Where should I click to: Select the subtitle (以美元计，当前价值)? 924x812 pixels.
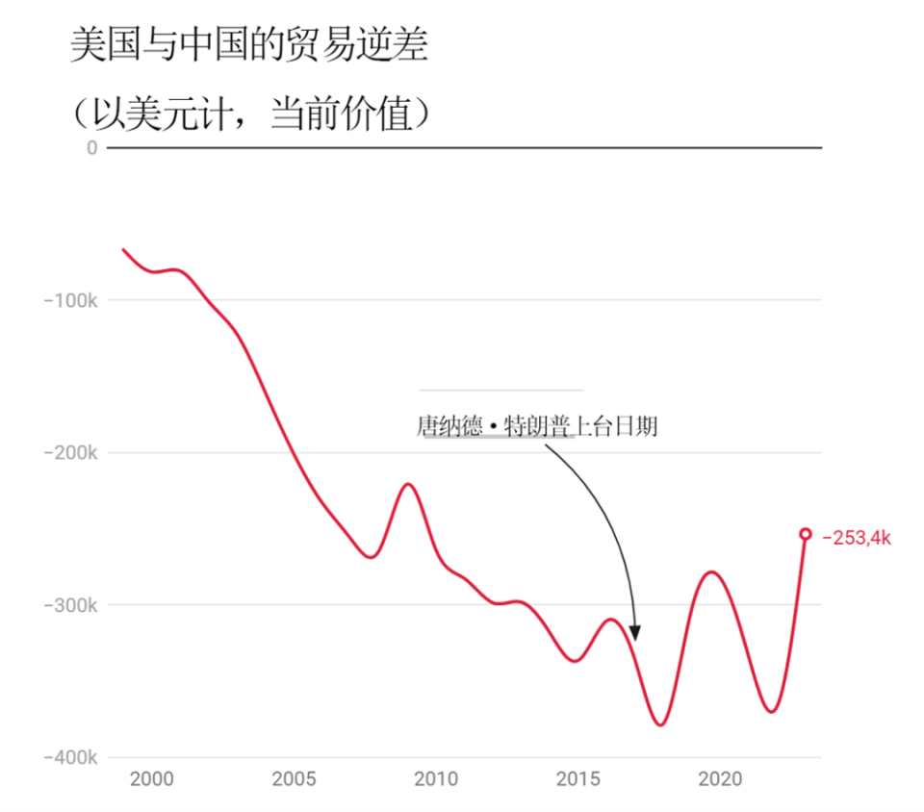coord(248,114)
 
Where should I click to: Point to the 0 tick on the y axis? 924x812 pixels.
coord(92,147)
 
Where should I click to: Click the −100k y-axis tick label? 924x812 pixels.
coord(70,300)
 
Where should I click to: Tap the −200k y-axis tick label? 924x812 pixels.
coord(70,453)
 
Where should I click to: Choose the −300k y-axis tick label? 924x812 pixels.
coord(70,605)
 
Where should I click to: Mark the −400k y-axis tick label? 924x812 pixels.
coord(70,758)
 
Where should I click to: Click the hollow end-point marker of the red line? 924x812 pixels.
coord(806,534)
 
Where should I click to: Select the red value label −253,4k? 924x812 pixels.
coord(857,538)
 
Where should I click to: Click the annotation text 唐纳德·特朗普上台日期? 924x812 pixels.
coord(537,426)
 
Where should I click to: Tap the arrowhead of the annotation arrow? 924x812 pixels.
coord(634,632)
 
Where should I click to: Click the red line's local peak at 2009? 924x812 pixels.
coord(408,484)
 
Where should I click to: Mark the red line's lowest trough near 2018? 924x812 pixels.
coord(660,724)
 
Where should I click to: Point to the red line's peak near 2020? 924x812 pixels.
coord(712,572)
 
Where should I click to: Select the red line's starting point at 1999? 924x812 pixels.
coord(122,249)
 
